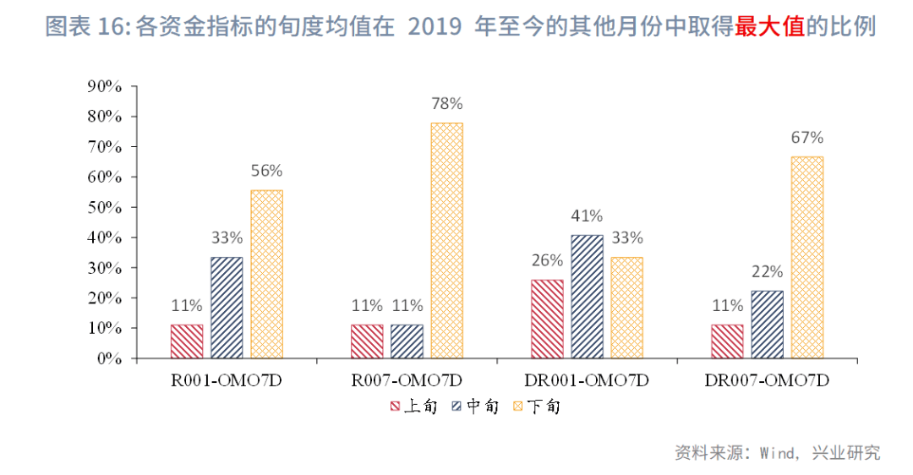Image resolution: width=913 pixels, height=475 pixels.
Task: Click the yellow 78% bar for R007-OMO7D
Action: pos(446,241)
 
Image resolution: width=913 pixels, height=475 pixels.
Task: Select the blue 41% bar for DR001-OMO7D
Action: pos(587,297)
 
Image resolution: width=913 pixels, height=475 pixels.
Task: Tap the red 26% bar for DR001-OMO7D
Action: pos(547,319)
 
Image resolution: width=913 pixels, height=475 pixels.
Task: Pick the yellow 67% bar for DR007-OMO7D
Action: pos(806,257)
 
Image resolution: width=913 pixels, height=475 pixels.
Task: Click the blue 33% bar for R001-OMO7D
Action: pos(227,308)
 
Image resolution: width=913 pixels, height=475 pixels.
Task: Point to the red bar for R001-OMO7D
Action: pos(187,341)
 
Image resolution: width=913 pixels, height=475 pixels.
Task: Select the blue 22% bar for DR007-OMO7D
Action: pos(767,325)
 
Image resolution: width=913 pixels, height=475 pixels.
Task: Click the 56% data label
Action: pos(266,171)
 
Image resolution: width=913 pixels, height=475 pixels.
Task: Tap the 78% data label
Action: pos(446,104)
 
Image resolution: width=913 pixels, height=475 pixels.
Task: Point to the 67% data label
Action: pos(806,138)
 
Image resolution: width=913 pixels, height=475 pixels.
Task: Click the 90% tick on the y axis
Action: pos(106,86)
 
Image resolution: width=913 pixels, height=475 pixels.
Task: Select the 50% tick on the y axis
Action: pos(106,207)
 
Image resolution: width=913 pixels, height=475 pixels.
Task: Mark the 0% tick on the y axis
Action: pos(109,358)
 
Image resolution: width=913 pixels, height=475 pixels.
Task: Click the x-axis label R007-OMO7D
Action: pos(407,381)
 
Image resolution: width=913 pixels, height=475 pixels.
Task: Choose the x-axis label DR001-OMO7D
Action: pos(587,381)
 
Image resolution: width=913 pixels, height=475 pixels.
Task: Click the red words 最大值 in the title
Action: pos(770,27)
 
